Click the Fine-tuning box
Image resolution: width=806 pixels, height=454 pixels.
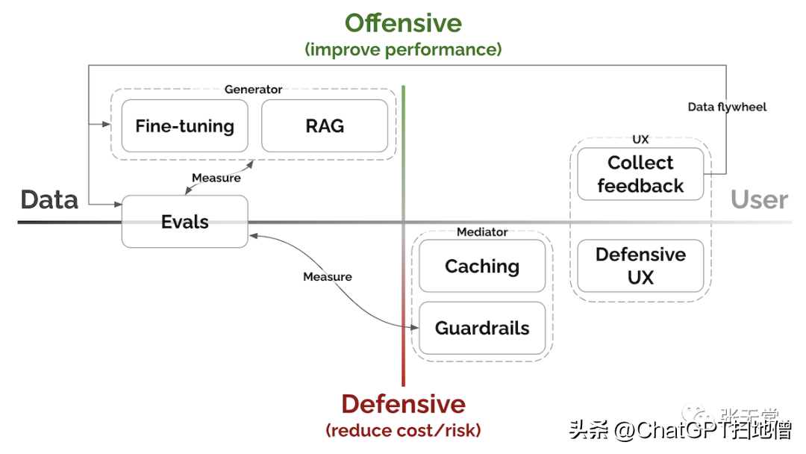point(184,126)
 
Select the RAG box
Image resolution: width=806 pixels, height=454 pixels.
point(325,126)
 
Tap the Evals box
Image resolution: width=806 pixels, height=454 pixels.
point(184,222)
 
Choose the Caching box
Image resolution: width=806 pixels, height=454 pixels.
point(482,267)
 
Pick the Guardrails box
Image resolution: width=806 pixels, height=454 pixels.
point(482,329)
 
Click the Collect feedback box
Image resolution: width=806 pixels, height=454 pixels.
point(640,174)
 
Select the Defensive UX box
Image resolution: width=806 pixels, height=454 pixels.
point(640,266)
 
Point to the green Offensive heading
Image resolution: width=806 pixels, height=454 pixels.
point(403,23)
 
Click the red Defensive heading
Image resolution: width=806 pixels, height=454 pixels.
point(403,404)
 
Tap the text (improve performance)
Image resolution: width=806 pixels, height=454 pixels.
point(403,50)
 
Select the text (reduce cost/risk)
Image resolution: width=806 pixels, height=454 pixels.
point(403,430)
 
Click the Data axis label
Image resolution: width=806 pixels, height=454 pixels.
point(49,200)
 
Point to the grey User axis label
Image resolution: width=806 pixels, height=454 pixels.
point(759,200)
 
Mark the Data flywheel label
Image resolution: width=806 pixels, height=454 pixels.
point(727,107)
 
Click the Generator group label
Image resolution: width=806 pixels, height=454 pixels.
point(253,90)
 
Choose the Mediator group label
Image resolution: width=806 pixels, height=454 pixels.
point(482,232)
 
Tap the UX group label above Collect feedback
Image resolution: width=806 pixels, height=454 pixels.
point(640,140)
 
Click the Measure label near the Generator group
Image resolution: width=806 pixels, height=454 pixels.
point(216,178)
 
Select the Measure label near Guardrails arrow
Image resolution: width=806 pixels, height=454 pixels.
point(327,277)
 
